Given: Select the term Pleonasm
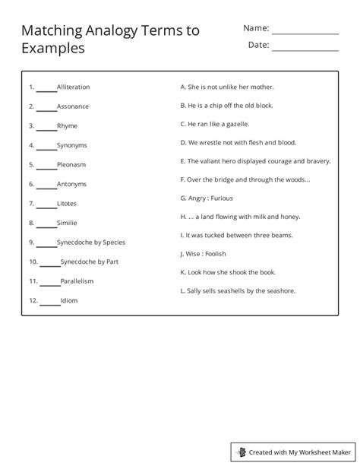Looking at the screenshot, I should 71,164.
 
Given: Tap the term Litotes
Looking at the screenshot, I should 67,204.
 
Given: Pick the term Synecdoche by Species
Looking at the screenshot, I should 91,243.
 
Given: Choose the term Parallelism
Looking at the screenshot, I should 77,281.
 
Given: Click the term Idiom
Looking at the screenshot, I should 69,301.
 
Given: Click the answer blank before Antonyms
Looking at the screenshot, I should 46,185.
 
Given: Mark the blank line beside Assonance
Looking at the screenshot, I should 46,108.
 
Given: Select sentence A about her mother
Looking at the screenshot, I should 227,87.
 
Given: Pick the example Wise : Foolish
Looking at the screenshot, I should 203,254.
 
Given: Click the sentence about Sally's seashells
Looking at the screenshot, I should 238,290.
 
